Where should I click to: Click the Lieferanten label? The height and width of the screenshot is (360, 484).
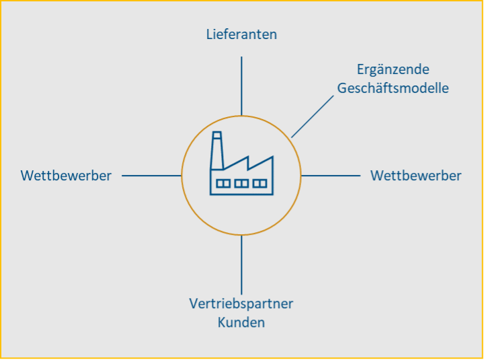click(x=241, y=34)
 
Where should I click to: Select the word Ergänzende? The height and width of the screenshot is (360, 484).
click(x=393, y=70)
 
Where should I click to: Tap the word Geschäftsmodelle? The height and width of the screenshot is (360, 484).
click(x=393, y=88)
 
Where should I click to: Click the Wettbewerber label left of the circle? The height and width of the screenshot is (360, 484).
click(x=66, y=176)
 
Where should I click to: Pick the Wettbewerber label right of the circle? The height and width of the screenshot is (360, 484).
click(x=415, y=176)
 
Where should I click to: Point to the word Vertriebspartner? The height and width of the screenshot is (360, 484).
click(x=241, y=303)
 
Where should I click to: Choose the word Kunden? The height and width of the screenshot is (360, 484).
click(x=241, y=322)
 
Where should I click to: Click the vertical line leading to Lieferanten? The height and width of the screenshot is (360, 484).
click(x=241, y=85)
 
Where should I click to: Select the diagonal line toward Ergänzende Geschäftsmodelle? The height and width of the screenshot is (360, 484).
click(x=313, y=116)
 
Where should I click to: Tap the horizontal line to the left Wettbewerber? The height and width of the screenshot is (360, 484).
click(x=151, y=176)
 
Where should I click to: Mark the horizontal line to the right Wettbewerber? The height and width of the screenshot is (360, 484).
click(x=331, y=176)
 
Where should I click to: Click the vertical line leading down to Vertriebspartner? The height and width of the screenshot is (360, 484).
click(x=241, y=264)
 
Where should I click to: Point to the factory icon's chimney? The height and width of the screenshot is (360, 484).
click(x=216, y=153)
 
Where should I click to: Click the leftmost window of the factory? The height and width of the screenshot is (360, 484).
click(x=223, y=183)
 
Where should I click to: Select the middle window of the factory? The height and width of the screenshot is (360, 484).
click(x=241, y=183)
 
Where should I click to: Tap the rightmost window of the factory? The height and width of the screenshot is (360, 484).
click(x=259, y=183)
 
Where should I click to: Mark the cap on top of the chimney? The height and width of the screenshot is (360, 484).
click(x=216, y=135)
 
